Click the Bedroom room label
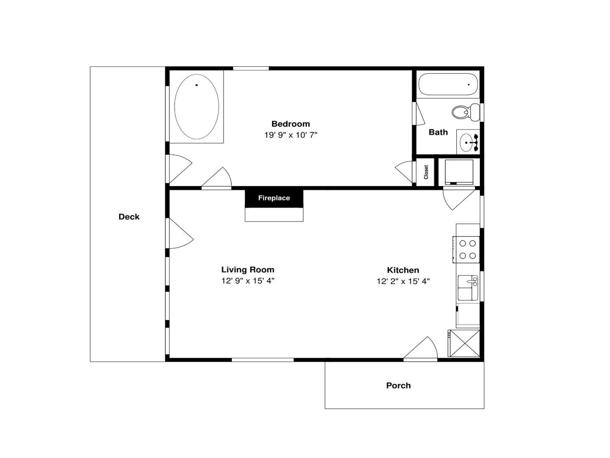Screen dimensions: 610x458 [x=291, y=124]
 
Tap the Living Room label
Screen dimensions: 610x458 [x=248, y=269]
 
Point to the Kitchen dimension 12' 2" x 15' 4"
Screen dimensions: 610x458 [x=403, y=281]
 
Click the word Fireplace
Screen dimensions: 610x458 [x=274, y=198]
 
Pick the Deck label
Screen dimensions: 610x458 [x=129, y=217]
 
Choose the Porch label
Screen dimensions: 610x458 [x=398, y=385]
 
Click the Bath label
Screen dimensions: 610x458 [x=438, y=132]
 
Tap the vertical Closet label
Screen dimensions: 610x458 [x=426, y=172]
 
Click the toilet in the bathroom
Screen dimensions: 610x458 [x=466, y=112]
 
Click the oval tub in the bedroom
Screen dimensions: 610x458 [x=197, y=107]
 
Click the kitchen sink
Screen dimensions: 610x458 [x=468, y=288]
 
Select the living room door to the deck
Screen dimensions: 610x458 [x=181, y=233]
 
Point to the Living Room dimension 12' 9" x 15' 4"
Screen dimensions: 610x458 [x=248, y=281]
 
